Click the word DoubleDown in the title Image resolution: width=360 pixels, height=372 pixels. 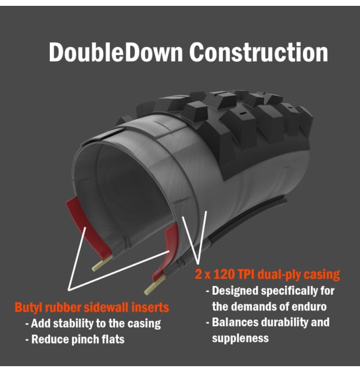tap(116, 52)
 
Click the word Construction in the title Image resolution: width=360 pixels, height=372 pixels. tap(259, 52)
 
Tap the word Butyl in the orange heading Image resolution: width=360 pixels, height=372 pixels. tap(28, 307)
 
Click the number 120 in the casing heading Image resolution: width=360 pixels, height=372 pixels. tap(224, 274)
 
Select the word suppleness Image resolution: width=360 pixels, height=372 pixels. tap(240, 338)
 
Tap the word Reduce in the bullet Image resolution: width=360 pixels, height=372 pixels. tap(50, 339)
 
